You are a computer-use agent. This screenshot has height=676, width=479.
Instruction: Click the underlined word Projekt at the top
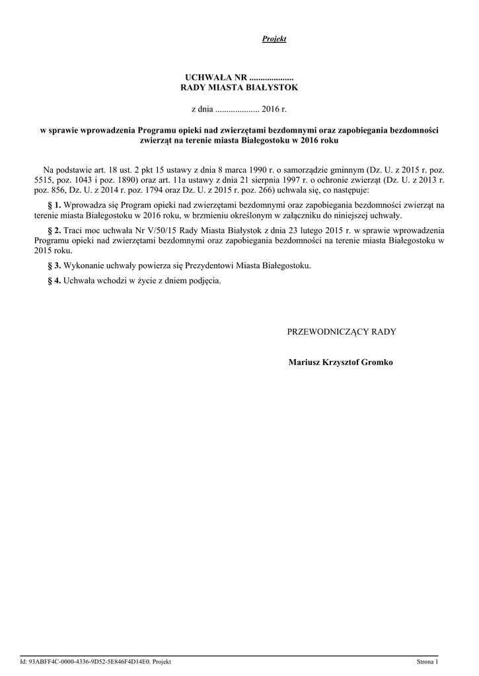[274, 40]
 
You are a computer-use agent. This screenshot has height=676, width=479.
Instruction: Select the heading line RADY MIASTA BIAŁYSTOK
[239, 87]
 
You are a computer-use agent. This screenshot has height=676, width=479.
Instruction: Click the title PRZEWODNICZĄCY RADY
[341, 331]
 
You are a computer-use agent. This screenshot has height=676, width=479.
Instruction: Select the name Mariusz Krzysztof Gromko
[341, 362]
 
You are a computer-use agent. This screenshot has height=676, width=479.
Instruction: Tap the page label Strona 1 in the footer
[427, 661]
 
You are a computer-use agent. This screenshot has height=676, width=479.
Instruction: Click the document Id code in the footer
[96, 661]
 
